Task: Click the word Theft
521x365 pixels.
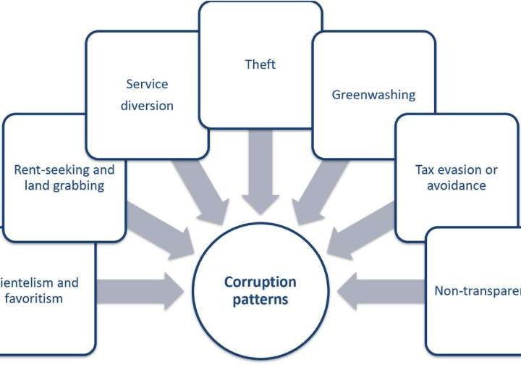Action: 260,64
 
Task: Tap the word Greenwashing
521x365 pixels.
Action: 373,94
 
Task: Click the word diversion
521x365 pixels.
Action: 147,105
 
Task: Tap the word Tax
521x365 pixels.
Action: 426,170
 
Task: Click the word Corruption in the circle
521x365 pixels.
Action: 260,282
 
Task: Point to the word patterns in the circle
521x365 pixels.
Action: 260,299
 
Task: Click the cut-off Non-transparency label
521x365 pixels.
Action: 477,291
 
